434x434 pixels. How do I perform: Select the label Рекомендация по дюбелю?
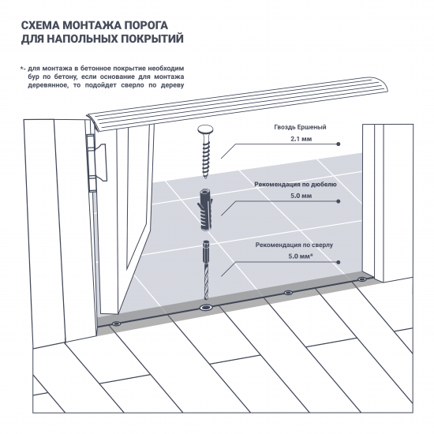click(x=296, y=184)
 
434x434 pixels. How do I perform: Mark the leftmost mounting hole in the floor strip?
click(x=117, y=324)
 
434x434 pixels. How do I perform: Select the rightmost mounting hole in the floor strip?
click(x=362, y=279)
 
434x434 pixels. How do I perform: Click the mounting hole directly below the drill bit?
click(x=206, y=307)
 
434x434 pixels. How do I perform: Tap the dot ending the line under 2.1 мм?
click(x=338, y=145)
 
